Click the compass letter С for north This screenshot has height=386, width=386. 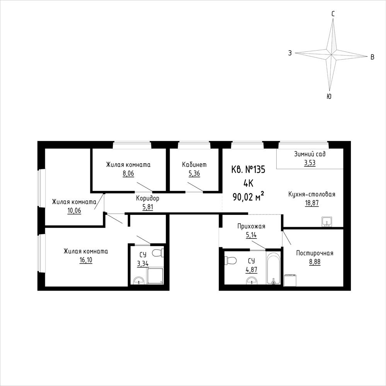tap(333, 14)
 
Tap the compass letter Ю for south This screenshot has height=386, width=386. tap(329, 96)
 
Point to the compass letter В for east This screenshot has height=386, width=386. tap(372, 57)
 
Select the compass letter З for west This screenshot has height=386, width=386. tap(290, 53)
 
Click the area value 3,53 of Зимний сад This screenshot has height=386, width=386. tap(309, 163)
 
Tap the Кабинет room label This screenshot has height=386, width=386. tap(194, 165)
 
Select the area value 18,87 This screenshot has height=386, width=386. tap(312, 203)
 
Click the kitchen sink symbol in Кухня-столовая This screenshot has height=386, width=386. tap(326, 221)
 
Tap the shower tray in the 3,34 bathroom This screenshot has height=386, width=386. tap(155, 276)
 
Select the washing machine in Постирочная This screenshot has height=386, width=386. tap(289, 281)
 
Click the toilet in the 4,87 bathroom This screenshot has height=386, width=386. tap(231, 260)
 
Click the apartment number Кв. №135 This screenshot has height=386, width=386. tap(248, 169)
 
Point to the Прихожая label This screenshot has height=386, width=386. tap(251, 226)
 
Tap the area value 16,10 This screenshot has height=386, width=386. tap(86, 260)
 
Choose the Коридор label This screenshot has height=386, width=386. tap(148, 198)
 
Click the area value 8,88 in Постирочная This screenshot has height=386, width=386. tap(315, 262)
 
